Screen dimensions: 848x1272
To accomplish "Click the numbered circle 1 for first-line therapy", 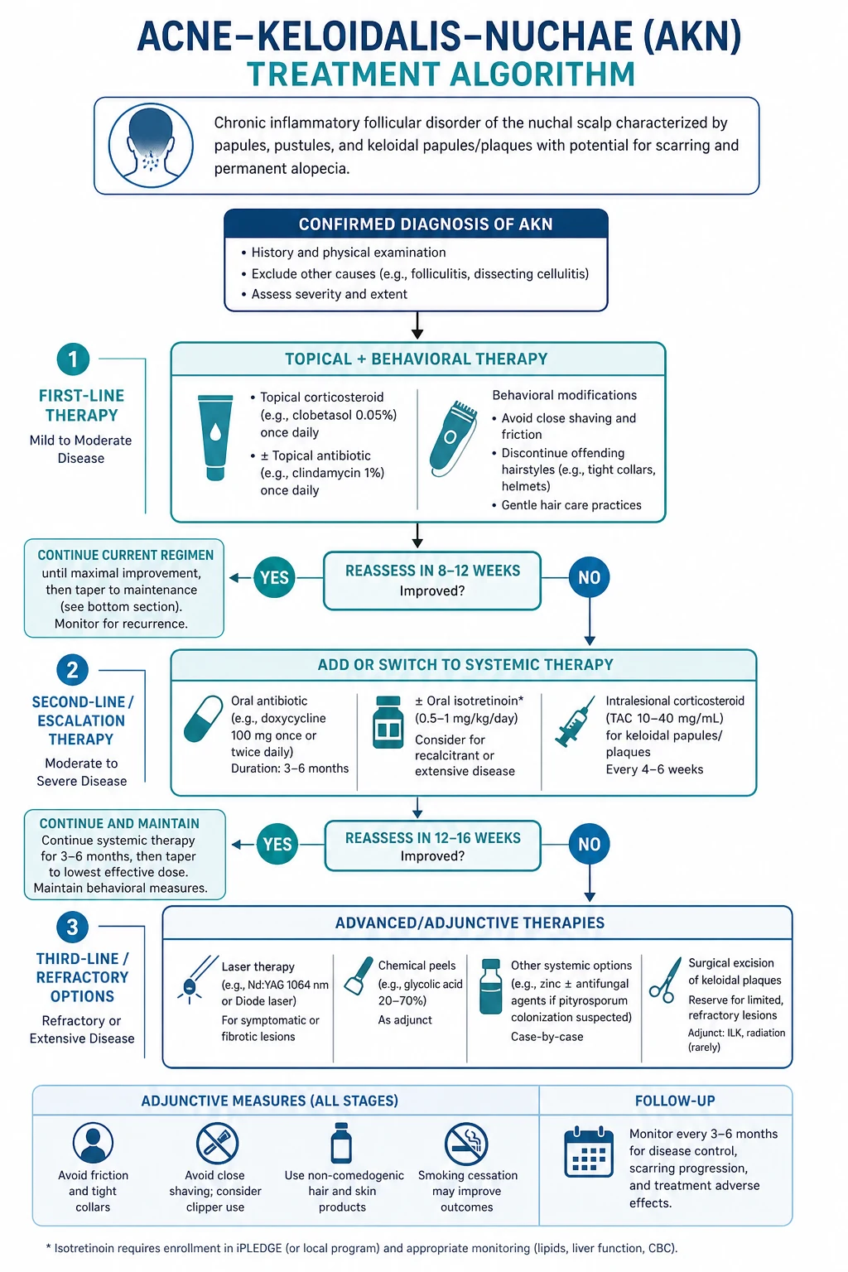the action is pos(73,359).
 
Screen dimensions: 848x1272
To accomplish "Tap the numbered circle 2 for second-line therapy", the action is pos(73,670).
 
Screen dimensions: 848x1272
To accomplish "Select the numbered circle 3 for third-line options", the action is pos(73,927).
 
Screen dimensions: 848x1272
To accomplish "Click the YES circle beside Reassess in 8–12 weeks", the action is pos(274,577).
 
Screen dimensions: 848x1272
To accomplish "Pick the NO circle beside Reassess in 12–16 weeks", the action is pos(590,844).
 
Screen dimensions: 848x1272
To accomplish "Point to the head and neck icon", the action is pos(151,146).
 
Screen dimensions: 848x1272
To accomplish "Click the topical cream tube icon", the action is pos(215,438).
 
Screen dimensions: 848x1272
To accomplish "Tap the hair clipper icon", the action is pos(453,438).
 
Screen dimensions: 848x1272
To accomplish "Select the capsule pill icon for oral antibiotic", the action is pos(204,719).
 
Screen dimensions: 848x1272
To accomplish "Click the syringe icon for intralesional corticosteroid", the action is pos(574,721).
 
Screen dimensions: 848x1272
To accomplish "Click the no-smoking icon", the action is pos(466,1143).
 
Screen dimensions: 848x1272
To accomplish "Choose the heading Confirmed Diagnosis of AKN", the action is pos(426,224).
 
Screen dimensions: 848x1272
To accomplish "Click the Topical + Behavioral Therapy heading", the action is pos(417,359).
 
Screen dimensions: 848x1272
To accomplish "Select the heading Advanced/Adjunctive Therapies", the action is pos(470,923).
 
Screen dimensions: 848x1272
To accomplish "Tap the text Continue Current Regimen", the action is pos(126,555).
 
